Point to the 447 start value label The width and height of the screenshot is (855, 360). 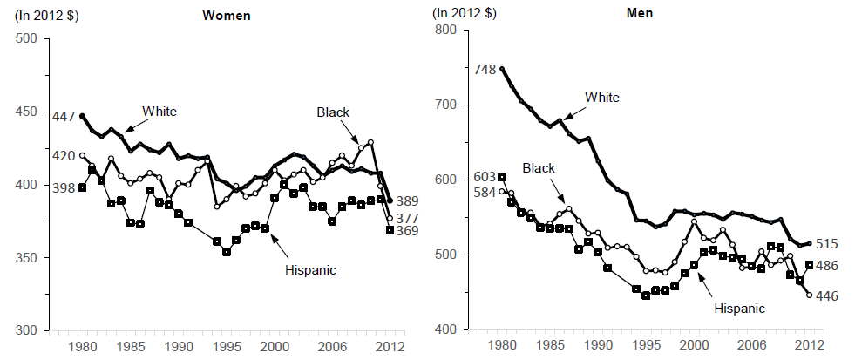pos(64,117)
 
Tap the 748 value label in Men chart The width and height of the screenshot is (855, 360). pos(484,68)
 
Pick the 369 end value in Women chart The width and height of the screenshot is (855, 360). pos(407,231)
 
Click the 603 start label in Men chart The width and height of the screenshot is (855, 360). pos(484,177)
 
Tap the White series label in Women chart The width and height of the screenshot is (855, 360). pos(159,111)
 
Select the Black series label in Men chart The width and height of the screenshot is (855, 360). pos(539,166)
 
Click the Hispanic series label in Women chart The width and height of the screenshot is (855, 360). pos(310,269)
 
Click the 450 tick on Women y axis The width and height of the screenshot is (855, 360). pos(25,112)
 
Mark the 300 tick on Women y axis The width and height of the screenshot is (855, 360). pos(25,331)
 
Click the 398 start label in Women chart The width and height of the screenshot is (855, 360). pos(64,187)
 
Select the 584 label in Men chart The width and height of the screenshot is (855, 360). pos(484,192)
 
